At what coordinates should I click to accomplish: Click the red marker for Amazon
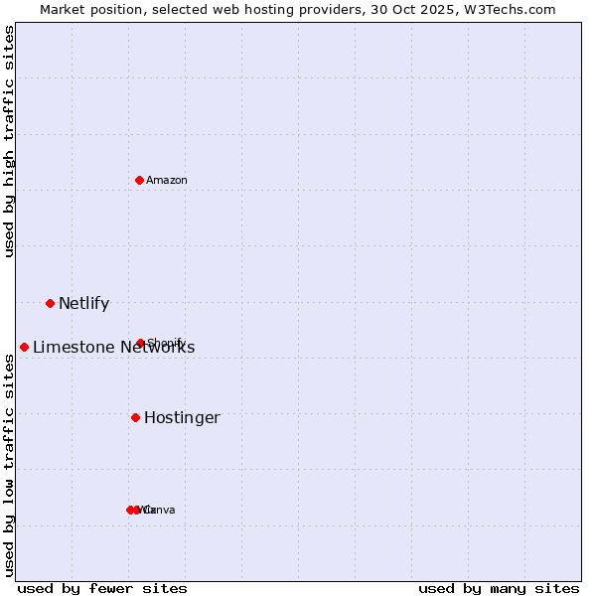(x=140, y=180)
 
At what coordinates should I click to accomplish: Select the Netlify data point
(x=50, y=303)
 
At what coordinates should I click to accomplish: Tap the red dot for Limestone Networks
(x=24, y=347)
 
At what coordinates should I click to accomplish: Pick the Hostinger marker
(x=135, y=417)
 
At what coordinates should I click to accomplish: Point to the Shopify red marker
(x=140, y=344)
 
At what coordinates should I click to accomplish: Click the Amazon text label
(x=167, y=180)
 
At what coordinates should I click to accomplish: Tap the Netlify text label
(x=83, y=304)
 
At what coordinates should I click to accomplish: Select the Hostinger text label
(x=182, y=418)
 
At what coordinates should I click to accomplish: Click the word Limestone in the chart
(x=73, y=347)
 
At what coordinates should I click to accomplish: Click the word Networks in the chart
(x=157, y=347)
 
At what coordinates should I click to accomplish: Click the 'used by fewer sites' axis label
(x=102, y=588)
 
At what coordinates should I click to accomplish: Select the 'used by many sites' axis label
(x=499, y=588)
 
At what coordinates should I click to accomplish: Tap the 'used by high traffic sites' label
(x=9, y=141)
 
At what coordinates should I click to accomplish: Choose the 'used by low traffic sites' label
(x=9, y=465)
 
